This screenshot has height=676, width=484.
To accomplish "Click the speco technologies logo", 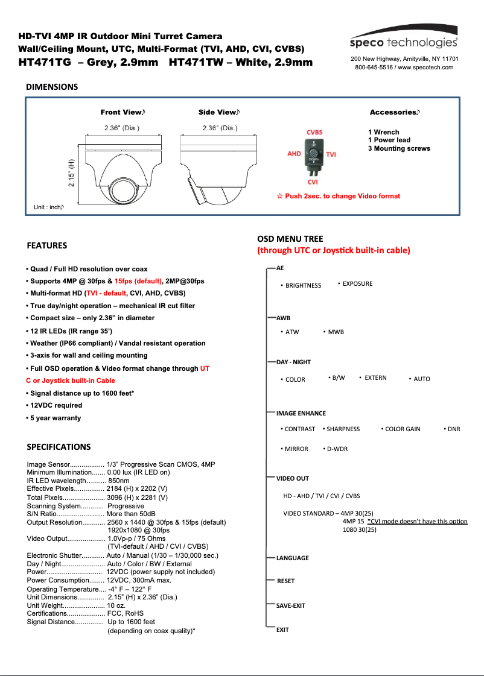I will pos(404,42).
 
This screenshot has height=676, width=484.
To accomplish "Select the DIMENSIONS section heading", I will pos(52,87).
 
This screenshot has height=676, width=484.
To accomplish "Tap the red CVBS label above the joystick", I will pos(314,132).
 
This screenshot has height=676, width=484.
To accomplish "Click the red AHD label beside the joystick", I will pos(294,154).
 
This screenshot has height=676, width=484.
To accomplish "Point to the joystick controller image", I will pos(313,156).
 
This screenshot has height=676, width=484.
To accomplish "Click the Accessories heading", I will pos(395,112).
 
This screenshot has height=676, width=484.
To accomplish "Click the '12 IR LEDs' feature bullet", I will pos(69,331).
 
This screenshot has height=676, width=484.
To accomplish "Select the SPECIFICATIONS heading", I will pos(59,447).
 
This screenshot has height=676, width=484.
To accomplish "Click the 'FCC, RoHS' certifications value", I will pos(125,613).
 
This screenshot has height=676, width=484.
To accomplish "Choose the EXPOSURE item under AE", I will pos(357,283).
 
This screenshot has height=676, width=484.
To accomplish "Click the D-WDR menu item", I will pos(337,449).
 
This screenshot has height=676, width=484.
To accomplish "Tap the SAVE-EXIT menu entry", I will pos(290,605).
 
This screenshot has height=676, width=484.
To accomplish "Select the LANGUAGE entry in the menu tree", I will pos(292,558).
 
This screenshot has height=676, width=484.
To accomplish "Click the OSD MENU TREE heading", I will pos(290,239).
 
